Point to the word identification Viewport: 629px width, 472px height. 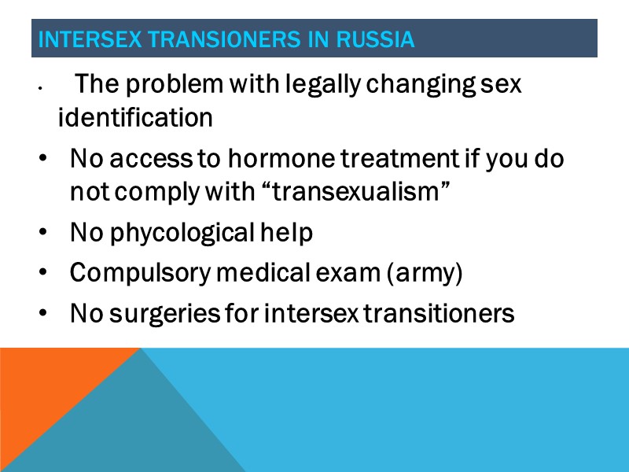tap(135, 119)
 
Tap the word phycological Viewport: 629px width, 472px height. tap(180, 234)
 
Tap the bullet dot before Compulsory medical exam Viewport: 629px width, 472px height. tap(42, 275)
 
